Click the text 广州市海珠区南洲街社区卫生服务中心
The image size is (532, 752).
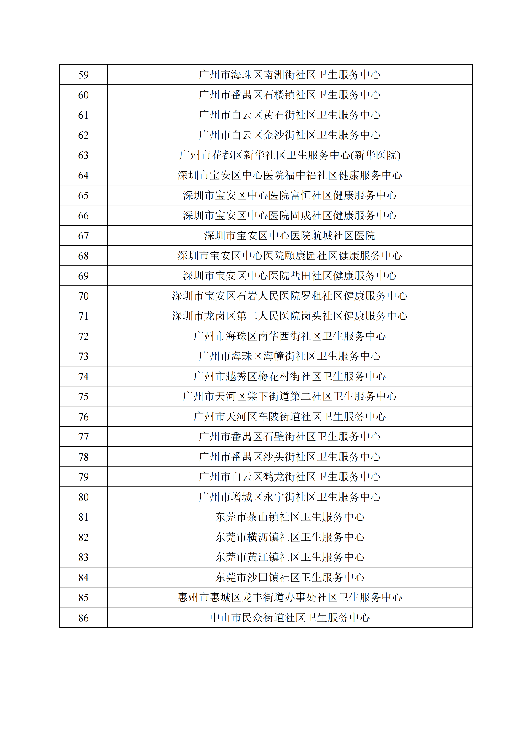click(290, 75)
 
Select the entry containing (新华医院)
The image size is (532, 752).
click(290, 155)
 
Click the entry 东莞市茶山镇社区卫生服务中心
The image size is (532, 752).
click(290, 517)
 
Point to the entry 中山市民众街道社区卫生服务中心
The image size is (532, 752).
click(290, 618)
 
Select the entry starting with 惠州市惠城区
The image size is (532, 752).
click(290, 598)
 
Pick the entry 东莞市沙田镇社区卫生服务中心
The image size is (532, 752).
click(290, 577)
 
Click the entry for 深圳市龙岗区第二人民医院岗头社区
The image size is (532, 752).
click(290, 316)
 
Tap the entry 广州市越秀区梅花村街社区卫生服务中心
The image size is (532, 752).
click(290, 377)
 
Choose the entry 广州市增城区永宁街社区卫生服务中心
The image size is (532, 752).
click(290, 497)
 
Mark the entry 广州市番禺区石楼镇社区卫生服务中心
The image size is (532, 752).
click(290, 95)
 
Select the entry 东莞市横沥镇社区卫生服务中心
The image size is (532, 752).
click(290, 537)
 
